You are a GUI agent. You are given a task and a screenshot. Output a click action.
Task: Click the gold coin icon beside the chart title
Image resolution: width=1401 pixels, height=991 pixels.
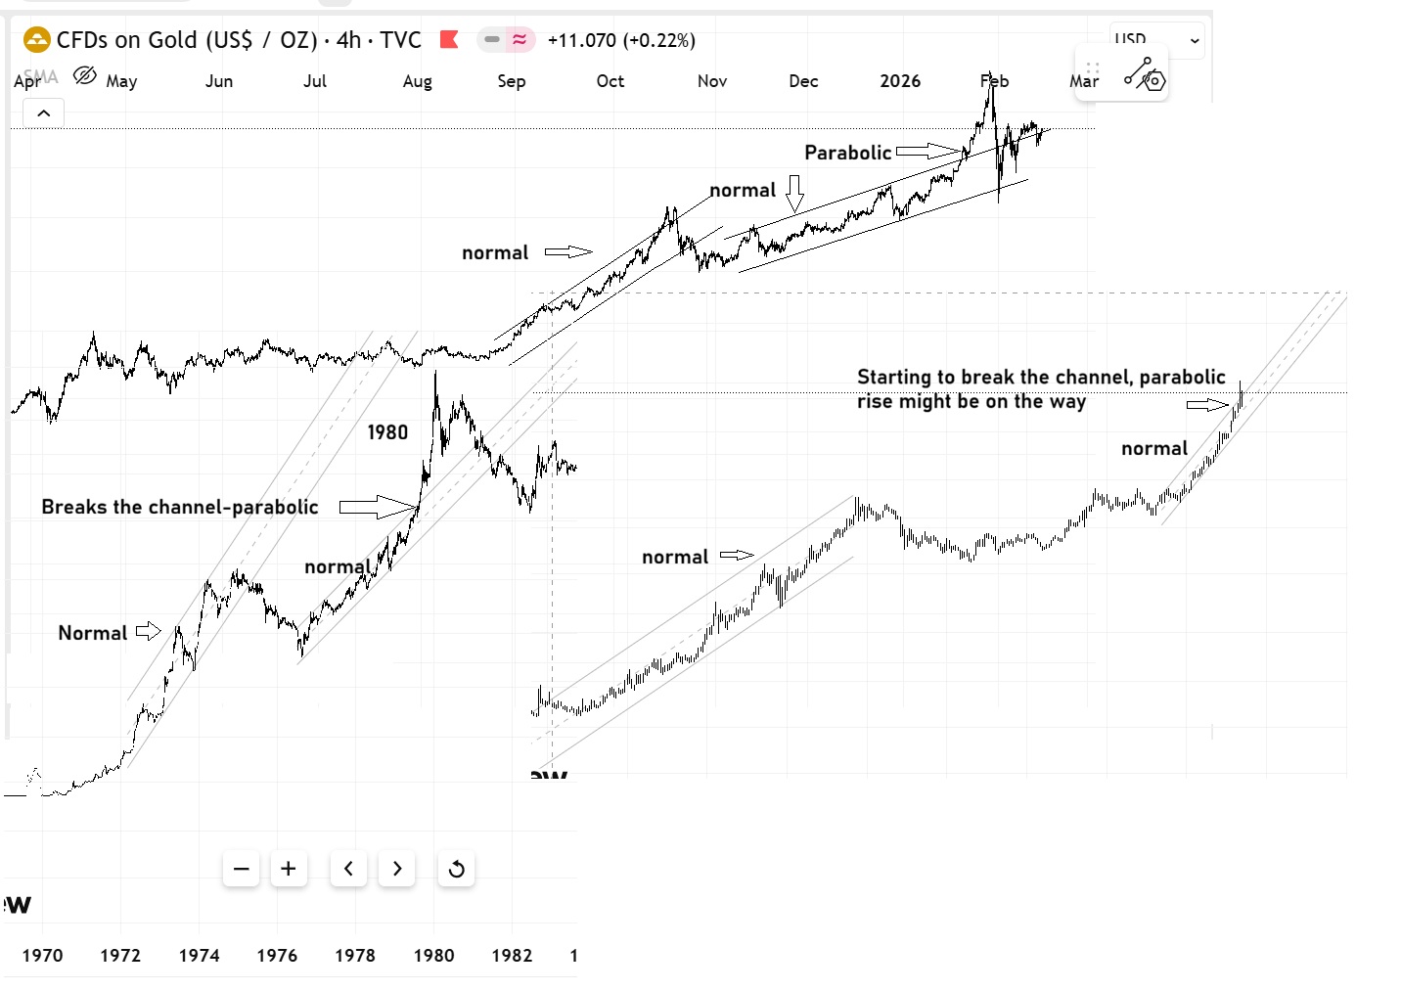click(x=36, y=40)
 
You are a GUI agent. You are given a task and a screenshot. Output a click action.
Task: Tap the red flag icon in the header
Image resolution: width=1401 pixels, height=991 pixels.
click(x=449, y=40)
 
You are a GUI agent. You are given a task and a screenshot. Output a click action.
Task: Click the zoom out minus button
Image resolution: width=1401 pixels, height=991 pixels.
click(x=242, y=869)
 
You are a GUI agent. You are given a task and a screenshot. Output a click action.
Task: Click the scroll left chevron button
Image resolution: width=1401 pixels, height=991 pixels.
click(x=348, y=869)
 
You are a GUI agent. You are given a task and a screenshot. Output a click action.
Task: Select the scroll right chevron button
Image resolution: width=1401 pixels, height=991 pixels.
click(x=396, y=869)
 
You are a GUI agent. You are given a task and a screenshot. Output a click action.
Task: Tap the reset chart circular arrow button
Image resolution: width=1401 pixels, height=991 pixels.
click(x=456, y=869)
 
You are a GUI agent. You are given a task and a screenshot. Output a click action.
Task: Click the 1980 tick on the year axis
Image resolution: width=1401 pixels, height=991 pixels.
click(x=433, y=955)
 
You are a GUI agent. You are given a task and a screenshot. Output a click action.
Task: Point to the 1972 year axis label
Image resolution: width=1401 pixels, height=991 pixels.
click(x=120, y=955)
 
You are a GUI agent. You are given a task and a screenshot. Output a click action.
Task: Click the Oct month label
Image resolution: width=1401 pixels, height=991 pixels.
click(x=610, y=81)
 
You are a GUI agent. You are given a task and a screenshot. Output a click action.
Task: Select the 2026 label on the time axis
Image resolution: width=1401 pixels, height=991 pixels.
click(x=900, y=81)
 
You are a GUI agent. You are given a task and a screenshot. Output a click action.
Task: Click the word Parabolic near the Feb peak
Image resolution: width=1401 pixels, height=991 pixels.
click(x=847, y=153)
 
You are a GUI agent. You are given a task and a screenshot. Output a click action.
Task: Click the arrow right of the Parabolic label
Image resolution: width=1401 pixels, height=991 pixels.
click(x=928, y=151)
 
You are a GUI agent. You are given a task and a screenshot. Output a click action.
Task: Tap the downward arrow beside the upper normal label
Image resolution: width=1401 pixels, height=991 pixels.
click(x=794, y=194)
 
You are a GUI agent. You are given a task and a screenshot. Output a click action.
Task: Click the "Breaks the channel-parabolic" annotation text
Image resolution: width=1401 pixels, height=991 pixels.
click(x=180, y=507)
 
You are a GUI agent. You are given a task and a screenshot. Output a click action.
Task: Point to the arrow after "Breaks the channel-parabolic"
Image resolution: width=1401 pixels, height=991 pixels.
click(x=377, y=507)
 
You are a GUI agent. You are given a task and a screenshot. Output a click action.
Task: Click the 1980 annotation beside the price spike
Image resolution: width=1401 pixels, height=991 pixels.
click(x=387, y=432)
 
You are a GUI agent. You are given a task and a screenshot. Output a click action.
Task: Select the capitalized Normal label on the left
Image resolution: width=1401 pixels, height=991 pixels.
click(x=92, y=633)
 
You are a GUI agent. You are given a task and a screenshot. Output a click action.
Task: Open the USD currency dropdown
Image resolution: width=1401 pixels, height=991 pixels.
click(x=1156, y=40)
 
